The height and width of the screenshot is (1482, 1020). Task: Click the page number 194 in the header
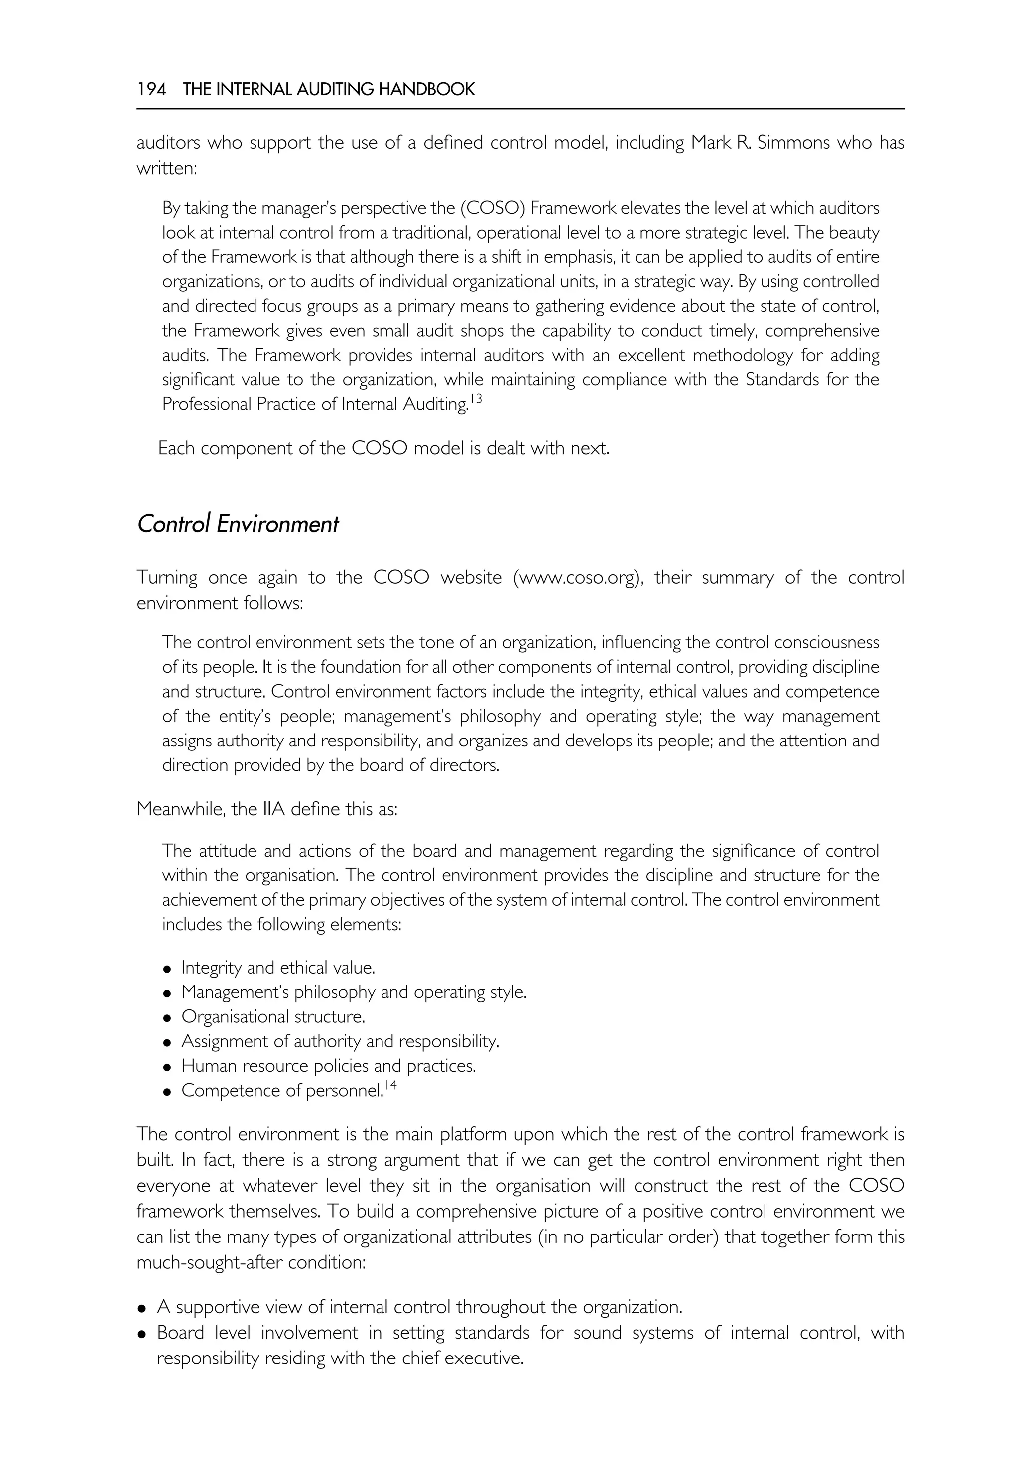[151, 90]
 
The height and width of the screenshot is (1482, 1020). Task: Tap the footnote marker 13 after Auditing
[476, 399]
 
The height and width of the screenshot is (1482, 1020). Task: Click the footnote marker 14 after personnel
[390, 1085]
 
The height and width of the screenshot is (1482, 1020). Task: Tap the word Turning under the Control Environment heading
[167, 578]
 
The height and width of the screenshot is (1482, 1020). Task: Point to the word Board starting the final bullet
[181, 1333]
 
